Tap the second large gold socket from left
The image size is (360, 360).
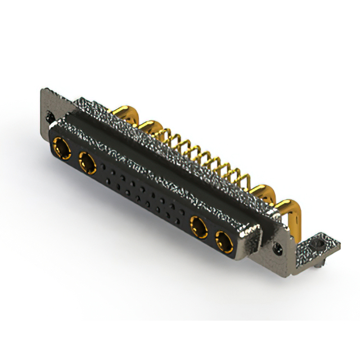[87, 164]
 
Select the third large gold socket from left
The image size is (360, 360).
[199, 228]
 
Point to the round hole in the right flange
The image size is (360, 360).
[277, 246]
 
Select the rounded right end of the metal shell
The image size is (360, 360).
[256, 239]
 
